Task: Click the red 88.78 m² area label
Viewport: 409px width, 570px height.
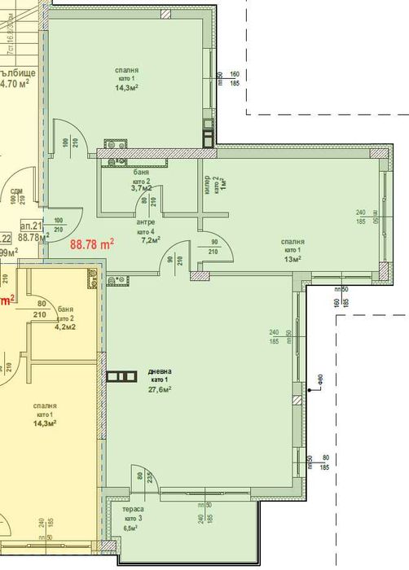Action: coord(92,243)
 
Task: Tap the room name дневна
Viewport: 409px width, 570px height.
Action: coord(160,371)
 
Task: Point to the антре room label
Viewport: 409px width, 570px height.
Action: coord(146,221)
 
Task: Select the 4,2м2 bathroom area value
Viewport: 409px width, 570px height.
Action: coord(65,328)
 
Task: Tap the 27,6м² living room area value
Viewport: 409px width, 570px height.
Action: coord(160,389)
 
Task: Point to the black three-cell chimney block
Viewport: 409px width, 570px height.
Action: coord(123,376)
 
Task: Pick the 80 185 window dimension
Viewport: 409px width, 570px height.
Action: coord(323,463)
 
